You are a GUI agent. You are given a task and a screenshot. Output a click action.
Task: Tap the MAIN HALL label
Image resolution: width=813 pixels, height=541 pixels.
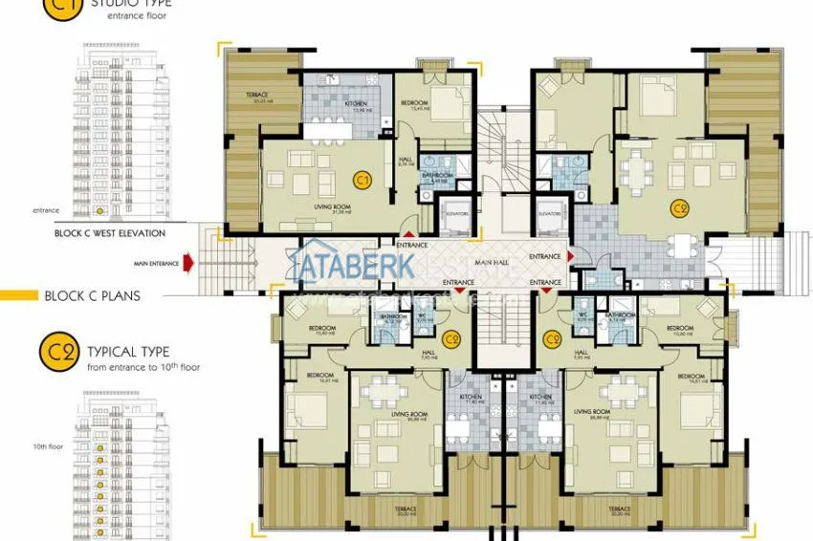point(490,262)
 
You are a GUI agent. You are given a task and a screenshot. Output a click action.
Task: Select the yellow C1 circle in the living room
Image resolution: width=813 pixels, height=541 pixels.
point(362,179)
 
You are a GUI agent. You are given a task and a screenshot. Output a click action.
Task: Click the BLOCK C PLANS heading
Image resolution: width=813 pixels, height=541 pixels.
point(92,296)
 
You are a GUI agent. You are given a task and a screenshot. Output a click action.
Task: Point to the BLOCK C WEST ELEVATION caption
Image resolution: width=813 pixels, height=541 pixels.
point(110,233)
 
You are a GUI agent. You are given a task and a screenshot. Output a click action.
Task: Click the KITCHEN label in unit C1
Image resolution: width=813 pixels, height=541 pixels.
point(356,103)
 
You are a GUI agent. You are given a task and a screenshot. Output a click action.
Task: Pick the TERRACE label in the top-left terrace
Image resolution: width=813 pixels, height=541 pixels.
point(256,95)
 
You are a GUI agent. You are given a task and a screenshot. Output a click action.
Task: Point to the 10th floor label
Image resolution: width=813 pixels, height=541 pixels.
point(48,446)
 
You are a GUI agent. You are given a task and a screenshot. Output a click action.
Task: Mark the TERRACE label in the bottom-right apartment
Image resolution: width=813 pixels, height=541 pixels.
point(619,509)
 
